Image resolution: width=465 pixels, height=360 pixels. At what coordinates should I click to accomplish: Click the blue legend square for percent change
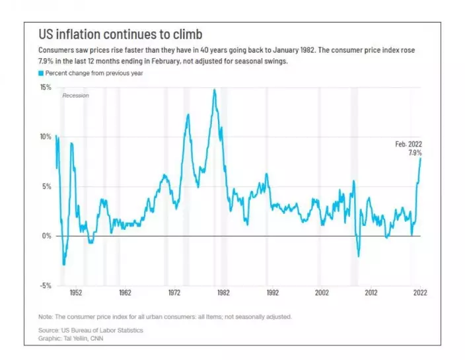(x=41, y=73)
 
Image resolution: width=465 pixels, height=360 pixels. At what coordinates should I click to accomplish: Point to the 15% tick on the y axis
(x=46, y=87)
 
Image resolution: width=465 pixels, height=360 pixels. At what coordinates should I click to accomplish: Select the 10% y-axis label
(x=46, y=137)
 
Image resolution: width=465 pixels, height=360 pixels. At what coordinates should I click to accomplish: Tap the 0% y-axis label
(x=48, y=236)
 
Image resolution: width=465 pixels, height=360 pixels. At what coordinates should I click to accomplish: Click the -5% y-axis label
(x=46, y=285)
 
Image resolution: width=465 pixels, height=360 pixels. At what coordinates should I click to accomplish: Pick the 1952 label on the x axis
(x=73, y=292)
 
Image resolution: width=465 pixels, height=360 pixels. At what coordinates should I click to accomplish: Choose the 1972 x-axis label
(x=173, y=292)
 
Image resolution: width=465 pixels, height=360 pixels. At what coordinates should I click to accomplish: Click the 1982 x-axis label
(x=223, y=292)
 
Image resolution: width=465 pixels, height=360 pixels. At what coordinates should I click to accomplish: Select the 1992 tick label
(x=272, y=292)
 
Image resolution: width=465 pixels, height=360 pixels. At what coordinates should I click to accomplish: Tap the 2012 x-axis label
(x=371, y=292)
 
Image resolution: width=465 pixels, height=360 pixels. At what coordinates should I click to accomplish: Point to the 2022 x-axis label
(x=419, y=292)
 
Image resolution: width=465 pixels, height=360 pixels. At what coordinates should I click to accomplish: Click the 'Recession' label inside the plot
(x=75, y=96)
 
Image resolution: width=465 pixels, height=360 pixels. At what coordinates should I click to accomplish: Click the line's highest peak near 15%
(x=215, y=90)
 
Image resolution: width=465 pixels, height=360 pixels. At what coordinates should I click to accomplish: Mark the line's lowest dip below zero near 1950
(x=64, y=264)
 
